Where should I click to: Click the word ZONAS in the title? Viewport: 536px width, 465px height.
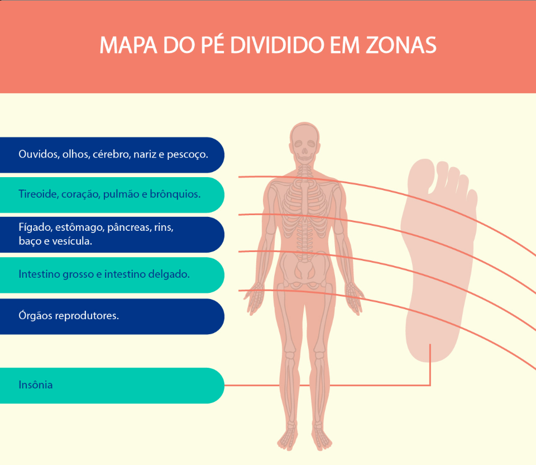[401, 45]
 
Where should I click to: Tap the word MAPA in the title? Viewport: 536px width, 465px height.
[128, 45]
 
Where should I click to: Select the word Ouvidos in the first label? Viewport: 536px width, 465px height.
[39, 154]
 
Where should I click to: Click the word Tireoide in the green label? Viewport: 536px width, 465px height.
[39, 194]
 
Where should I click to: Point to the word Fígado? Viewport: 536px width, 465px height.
[35, 227]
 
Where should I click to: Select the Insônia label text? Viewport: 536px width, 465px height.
[36, 385]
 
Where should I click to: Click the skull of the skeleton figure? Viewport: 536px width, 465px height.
[305, 142]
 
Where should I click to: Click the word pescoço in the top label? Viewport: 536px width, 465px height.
[188, 155]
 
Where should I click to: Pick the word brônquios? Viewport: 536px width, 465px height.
[175, 194]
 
